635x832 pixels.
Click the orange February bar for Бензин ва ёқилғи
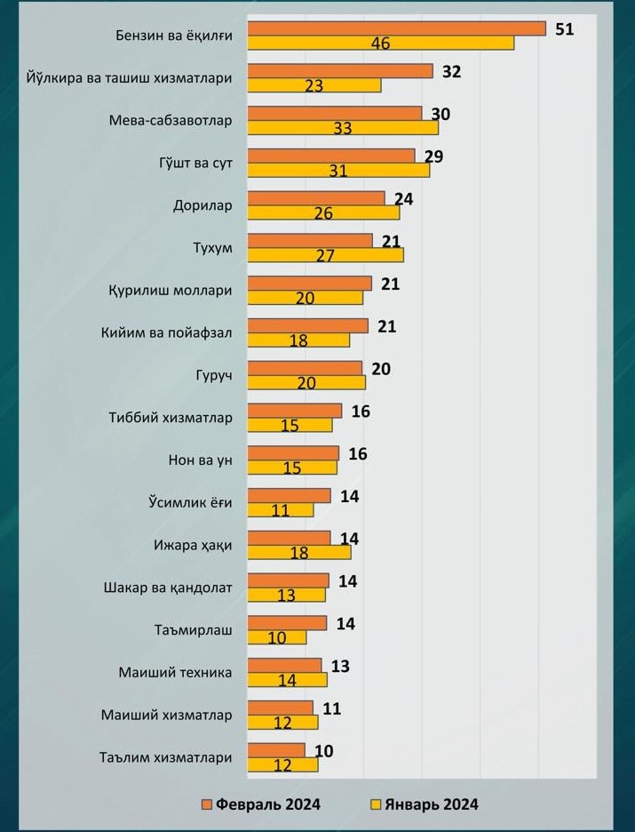396,28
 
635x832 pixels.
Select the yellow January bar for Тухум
325,255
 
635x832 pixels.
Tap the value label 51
565,28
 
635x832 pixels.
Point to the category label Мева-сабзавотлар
171,120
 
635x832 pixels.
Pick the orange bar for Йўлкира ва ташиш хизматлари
340,71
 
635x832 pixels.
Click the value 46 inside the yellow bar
380,44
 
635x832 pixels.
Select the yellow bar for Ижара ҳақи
299,552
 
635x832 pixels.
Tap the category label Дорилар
202,205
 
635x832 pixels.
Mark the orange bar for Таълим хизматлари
276,750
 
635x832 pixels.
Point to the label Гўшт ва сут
189,163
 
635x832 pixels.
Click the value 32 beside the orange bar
451,71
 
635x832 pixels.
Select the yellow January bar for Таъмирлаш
277,637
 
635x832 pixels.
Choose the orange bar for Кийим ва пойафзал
307,325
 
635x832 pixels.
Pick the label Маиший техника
175,673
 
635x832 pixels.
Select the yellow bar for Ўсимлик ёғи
281,510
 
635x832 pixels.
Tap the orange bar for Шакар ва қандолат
288,580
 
